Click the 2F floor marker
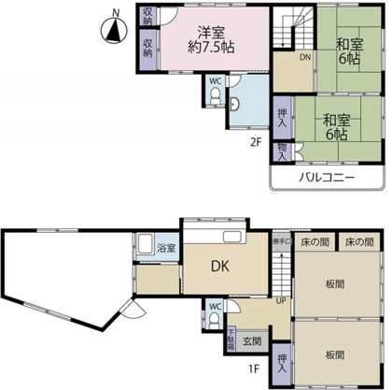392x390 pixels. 254,141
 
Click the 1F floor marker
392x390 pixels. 254,368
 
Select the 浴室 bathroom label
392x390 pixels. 166,248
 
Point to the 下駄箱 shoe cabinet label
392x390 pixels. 230,339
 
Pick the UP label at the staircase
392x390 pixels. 279,300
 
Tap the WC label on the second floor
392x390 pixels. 216,80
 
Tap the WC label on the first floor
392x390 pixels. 216,306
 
